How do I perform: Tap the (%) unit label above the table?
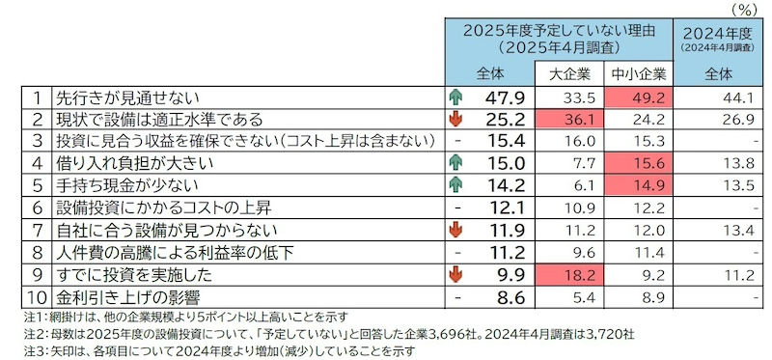pyautogui.click(x=742, y=9)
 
